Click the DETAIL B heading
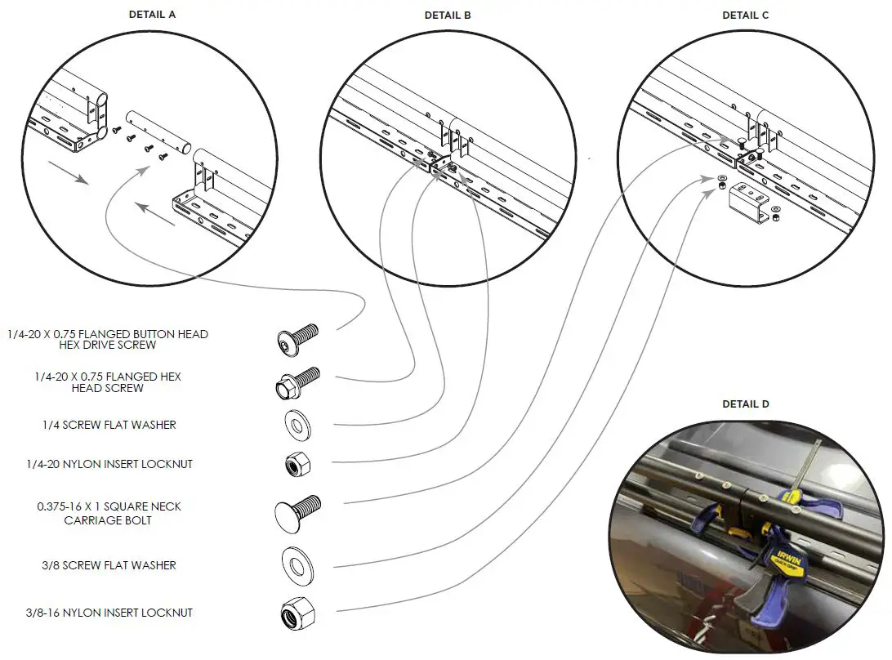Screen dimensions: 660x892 pyautogui.click(x=447, y=15)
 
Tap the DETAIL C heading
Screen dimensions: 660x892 pyautogui.click(x=745, y=15)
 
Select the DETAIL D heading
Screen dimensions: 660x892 pyautogui.click(x=745, y=404)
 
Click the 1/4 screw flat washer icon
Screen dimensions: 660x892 pyautogui.click(x=297, y=425)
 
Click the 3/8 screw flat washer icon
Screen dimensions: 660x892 pyautogui.click(x=297, y=564)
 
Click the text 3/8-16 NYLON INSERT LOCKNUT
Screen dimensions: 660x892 pyautogui.click(x=109, y=613)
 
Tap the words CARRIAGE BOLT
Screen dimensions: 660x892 pyautogui.click(x=108, y=520)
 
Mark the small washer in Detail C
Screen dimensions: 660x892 pyautogui.click(x=722, y=178)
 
